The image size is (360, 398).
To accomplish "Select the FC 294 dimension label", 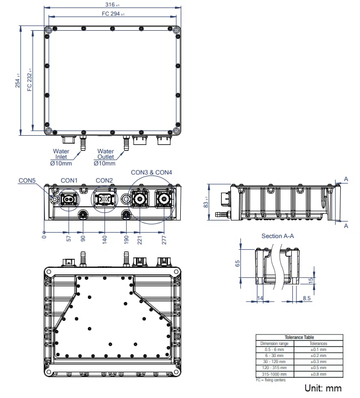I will tap(113, 14).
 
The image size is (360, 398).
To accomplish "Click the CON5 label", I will tap(27, 180).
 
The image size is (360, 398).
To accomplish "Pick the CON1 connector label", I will tap(69, 180).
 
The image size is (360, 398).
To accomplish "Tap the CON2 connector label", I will tap(104, 180).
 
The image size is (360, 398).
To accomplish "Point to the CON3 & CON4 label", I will tap(151, 173).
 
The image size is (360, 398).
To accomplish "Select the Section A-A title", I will tap(278, 236).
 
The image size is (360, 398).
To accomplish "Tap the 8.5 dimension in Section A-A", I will tap(306, 299).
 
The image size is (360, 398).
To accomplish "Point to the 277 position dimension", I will tap(164, 239).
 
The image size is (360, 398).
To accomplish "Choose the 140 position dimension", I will tap(105, 239).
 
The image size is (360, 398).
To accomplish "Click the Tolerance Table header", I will tap(299, 337).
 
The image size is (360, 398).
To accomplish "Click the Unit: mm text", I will tap(323, 388).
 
